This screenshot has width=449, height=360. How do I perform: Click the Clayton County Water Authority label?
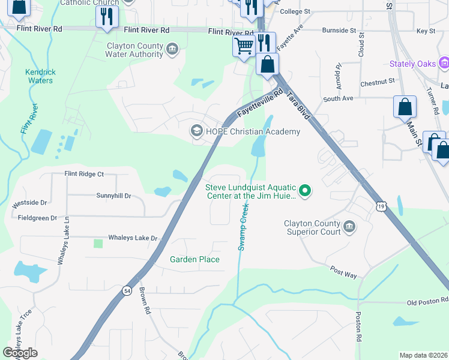(134, 50)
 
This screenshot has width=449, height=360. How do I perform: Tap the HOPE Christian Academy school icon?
(196, 131)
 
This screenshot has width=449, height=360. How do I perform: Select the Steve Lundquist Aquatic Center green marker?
(305, 191)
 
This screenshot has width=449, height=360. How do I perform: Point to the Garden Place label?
(194, 259)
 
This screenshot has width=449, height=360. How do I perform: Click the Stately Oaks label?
(412, 64)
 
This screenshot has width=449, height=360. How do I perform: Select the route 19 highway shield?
(381, 206)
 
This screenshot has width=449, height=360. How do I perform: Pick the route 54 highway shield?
(127, 291)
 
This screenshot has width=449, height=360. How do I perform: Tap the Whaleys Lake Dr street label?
(133, 238)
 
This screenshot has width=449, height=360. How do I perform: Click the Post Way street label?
(343, 273)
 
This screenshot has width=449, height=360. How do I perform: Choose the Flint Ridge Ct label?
(84, 174)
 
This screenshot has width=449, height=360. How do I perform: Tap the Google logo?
(20, 353)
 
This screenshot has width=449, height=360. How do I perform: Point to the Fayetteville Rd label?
(259, 104)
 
